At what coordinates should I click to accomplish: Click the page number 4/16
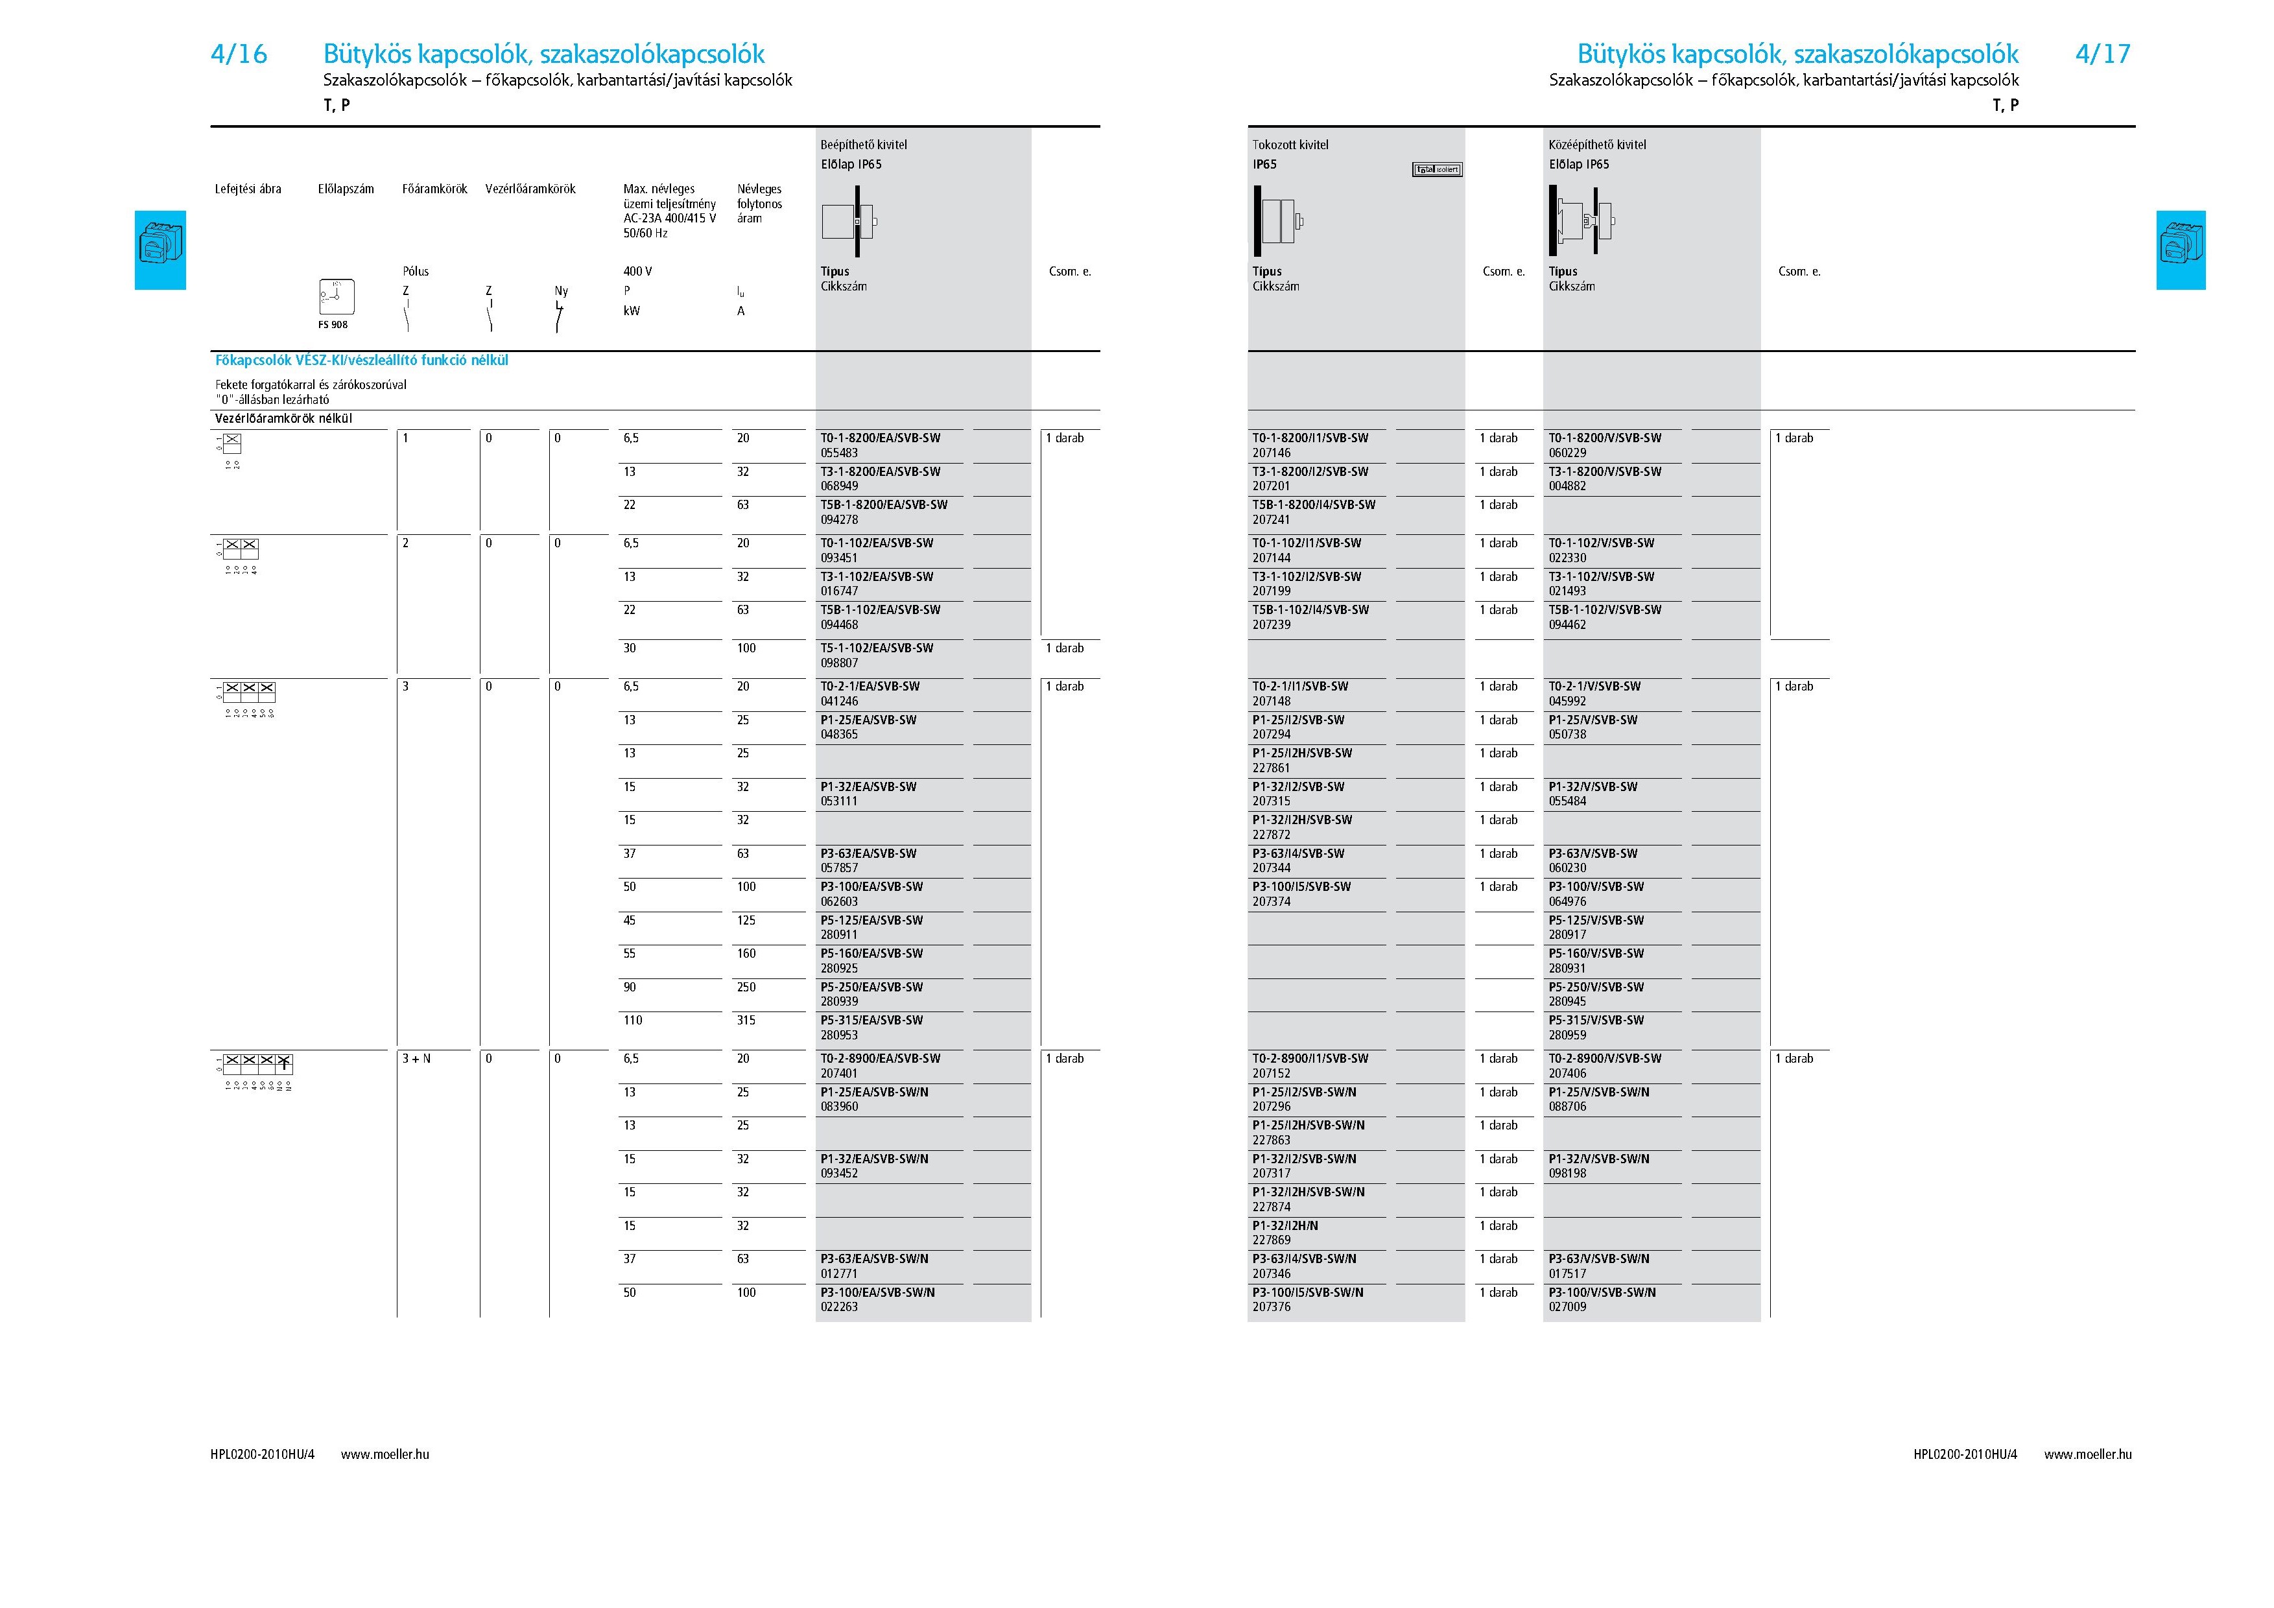239,54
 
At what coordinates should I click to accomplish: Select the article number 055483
839,453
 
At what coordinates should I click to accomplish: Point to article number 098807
839,663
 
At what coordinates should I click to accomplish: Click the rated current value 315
746,1021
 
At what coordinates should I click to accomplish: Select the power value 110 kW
633,1021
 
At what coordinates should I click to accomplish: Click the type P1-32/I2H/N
1285,1226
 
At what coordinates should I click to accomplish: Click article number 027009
1567,1307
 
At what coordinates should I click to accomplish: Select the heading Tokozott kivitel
1290,145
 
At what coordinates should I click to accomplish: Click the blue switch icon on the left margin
160,250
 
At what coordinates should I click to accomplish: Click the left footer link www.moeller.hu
385,1454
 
